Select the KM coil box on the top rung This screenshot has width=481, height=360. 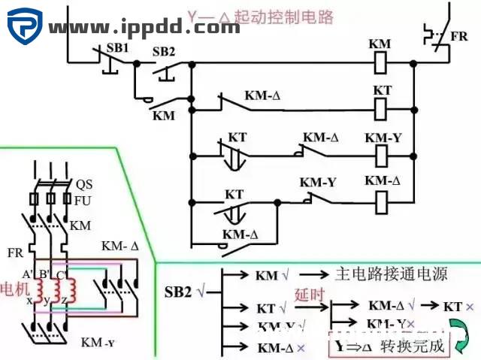pos(381,63)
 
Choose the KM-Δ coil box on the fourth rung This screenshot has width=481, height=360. pos(382,201)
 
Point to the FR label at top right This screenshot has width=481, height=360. pos(458,37)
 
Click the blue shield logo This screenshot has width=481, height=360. pos(25,26)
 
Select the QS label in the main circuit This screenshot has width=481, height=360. pos(83,184)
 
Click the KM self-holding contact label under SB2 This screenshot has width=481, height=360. pos(163,116)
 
